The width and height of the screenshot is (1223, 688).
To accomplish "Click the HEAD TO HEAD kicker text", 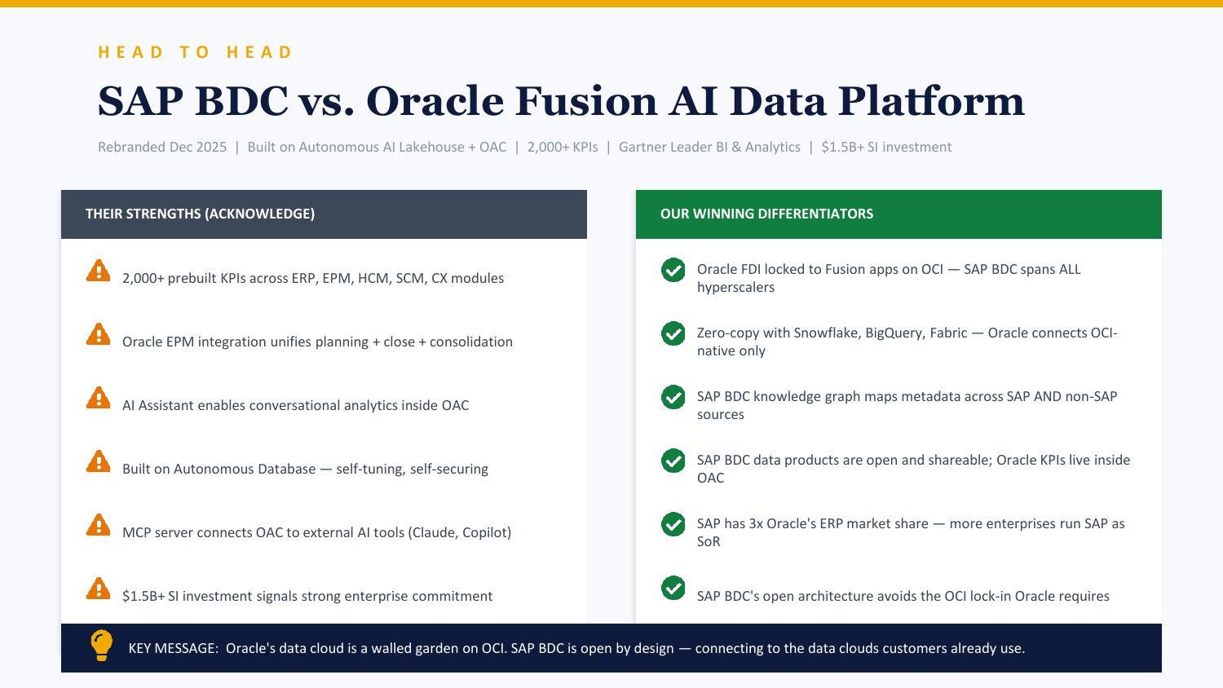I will click(195, 52).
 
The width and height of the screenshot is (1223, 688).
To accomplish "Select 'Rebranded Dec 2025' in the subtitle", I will click(162, 147).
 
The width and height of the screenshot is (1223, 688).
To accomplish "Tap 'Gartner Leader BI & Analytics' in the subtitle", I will click(709, 147).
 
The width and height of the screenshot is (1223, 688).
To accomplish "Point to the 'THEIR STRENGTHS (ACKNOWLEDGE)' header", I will click(200, 214).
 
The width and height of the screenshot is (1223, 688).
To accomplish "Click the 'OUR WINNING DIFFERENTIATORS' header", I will click(766, 214).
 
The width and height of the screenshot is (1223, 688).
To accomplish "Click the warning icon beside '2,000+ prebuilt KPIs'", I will click(99, 271).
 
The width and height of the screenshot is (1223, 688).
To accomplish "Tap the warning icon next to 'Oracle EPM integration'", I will click(99, 334).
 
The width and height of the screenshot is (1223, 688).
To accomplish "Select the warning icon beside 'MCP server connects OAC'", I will click(99, 525).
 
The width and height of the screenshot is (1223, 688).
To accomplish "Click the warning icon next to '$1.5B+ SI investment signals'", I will click(99, 589).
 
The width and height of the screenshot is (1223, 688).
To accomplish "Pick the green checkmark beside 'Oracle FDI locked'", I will click(673, 270).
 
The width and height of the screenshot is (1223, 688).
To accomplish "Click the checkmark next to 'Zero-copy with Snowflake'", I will click(673, 333).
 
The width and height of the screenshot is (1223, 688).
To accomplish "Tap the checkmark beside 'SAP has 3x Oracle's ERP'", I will click(673, 524).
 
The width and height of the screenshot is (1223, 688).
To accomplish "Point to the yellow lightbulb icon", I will click(101, 645).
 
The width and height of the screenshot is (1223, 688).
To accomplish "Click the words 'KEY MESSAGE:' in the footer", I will click(173, 648).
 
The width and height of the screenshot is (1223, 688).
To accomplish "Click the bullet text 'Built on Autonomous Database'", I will click(219, 469).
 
